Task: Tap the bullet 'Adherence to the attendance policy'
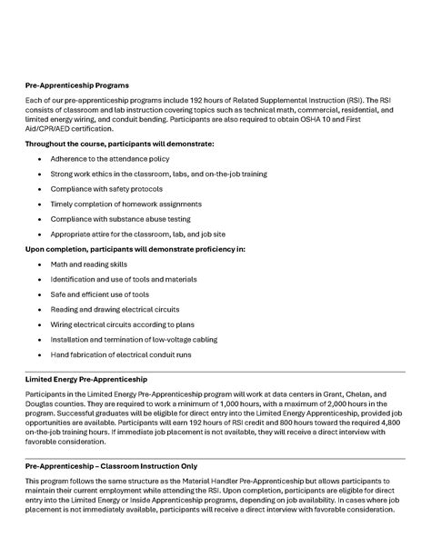coord(105,158)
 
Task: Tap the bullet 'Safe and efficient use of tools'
coord(100,293)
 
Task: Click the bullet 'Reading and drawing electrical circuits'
coord(114,309)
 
